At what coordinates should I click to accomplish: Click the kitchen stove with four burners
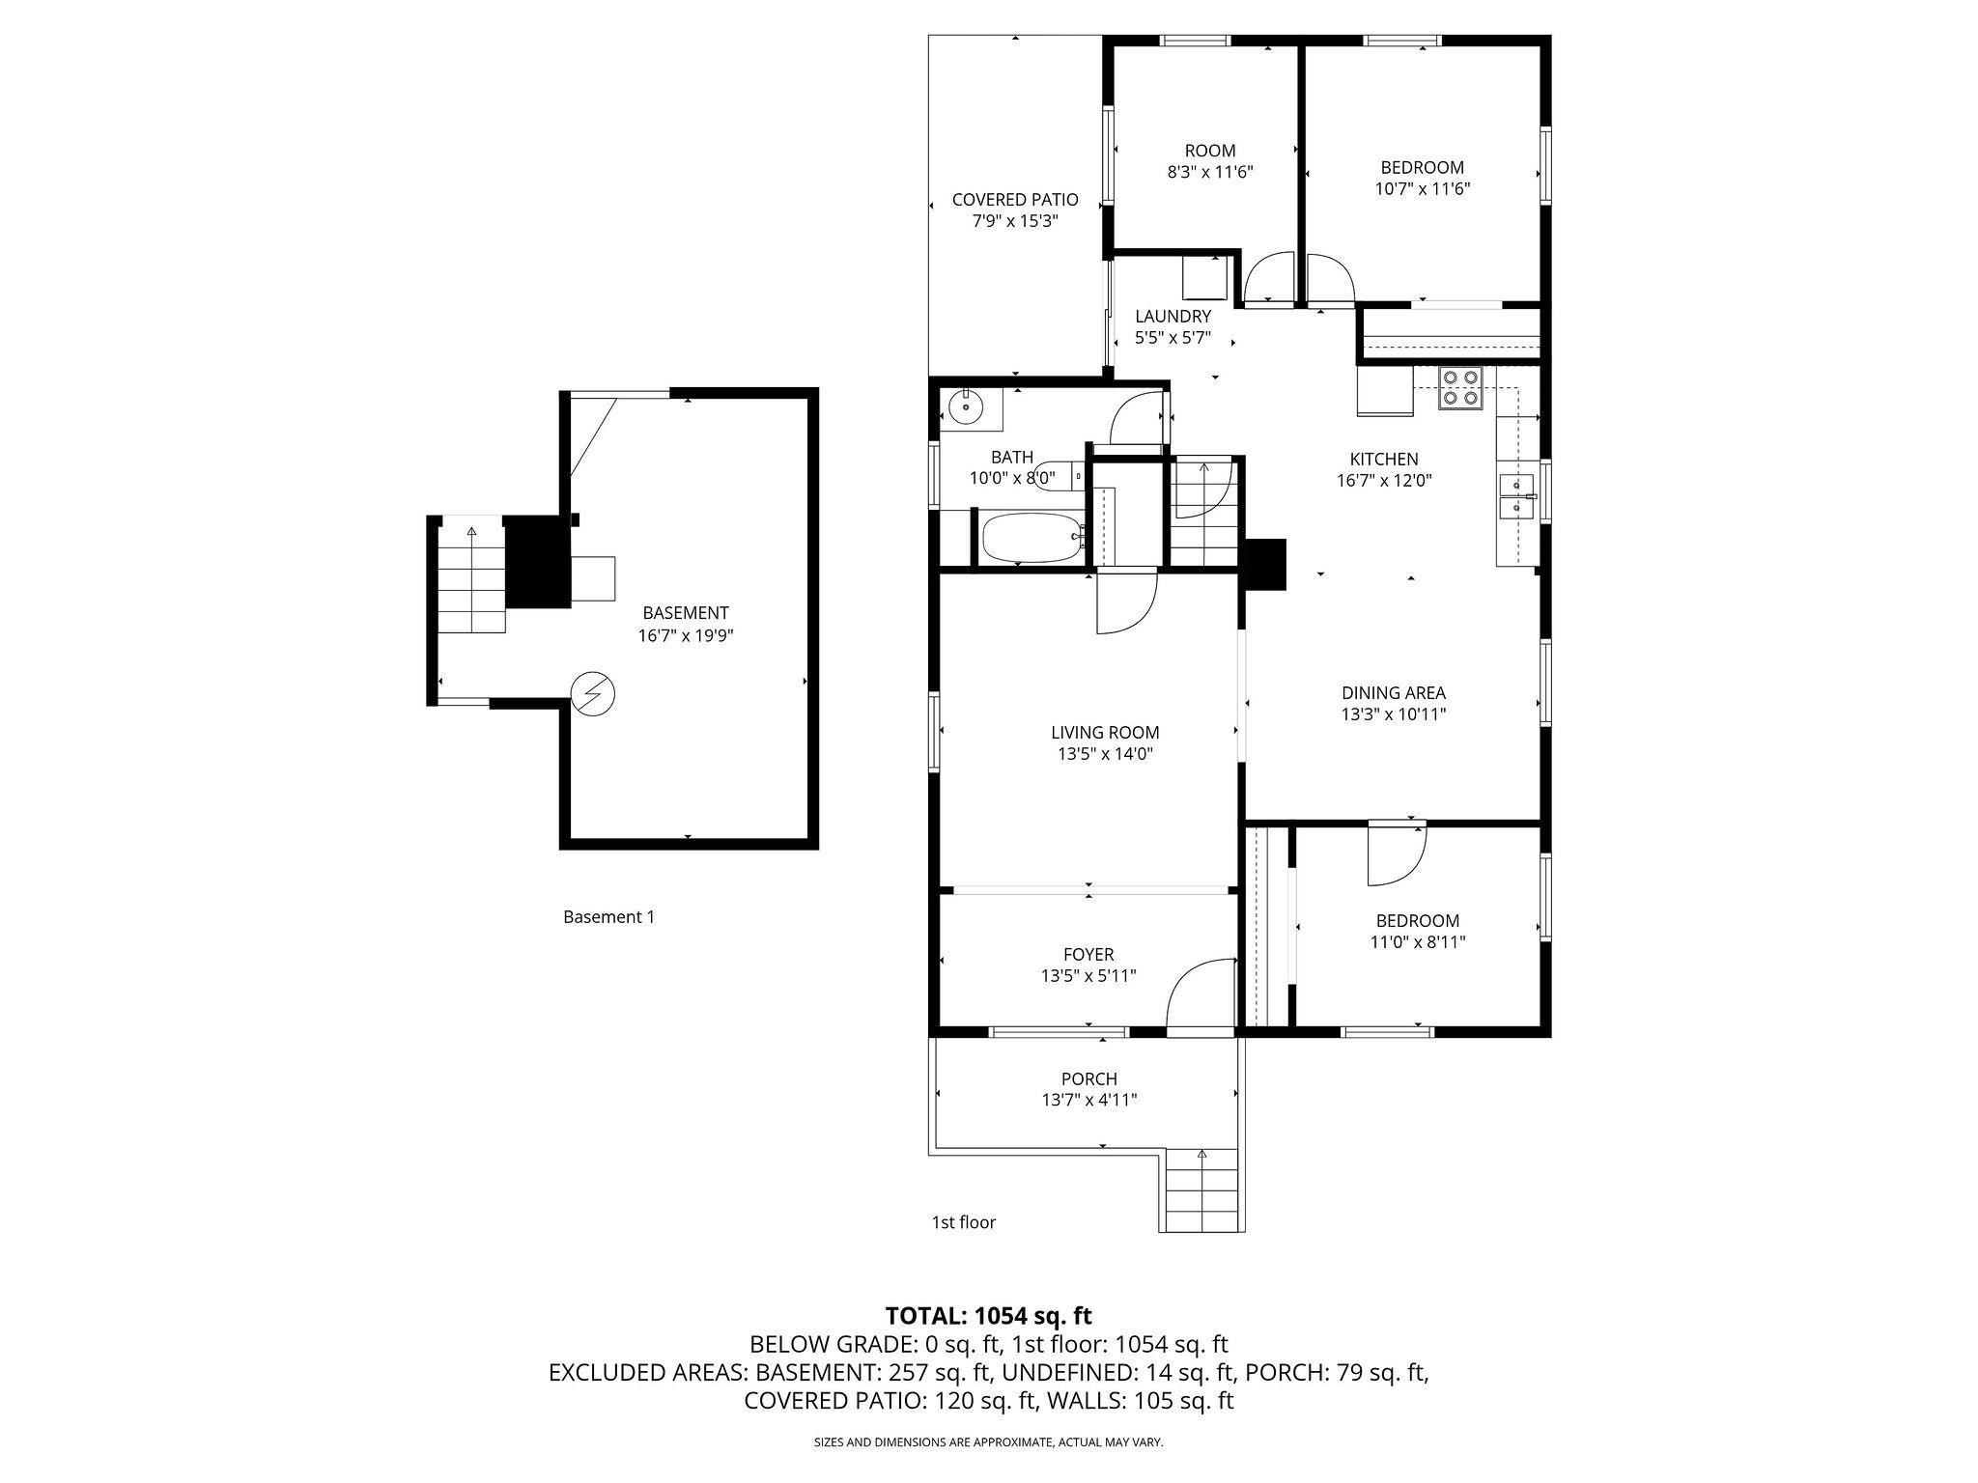click(1460, 388)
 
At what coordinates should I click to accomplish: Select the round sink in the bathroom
click(965, 407)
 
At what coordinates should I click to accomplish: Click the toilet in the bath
click(1055, 474)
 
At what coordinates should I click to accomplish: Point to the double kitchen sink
click(1516, 495)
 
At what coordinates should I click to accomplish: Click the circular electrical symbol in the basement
click(593, 692)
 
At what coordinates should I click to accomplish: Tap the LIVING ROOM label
click(1105, 733)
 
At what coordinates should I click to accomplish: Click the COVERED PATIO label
click(1015, 200)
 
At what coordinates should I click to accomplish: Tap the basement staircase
click(471, 579)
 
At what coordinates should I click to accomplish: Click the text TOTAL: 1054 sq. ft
click(989, 1315)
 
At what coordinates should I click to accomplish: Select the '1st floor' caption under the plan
click(963, 1222)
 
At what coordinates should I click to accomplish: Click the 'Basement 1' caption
click(608, 917)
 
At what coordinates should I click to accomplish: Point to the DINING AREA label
click(1394, 692)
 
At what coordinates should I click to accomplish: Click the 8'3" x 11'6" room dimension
click(1210, 172)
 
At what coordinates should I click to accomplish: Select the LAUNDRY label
click(1173, 317)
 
